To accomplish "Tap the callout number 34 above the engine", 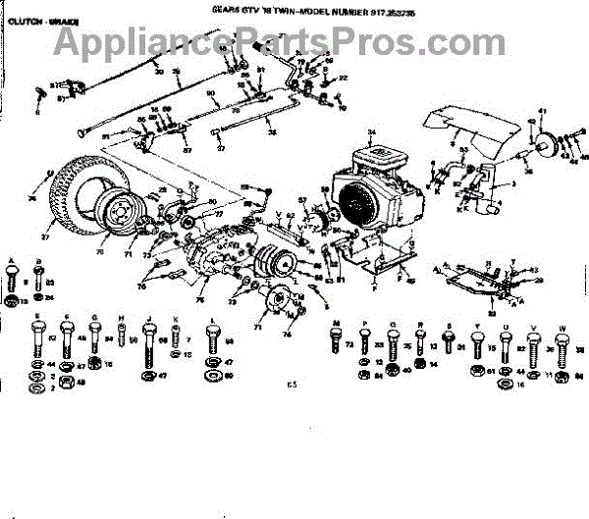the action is click(372, 131).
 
